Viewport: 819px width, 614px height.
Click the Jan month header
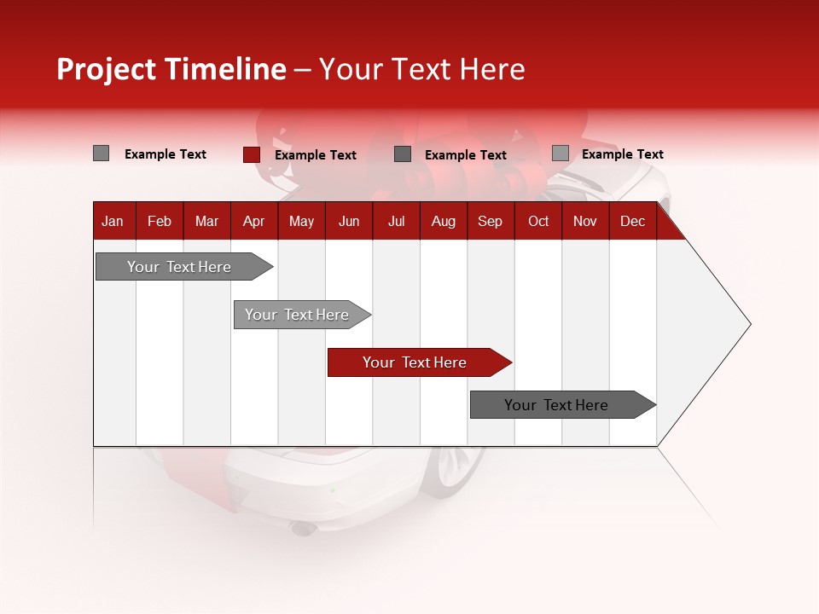point(113,221)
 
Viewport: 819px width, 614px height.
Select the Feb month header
point(160,221)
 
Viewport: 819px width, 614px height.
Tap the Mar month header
point(206,221)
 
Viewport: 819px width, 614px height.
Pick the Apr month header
point(254,221)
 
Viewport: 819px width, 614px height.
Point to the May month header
point(301,221)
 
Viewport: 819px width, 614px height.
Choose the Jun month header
point(349,221)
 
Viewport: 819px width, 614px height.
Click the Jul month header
point(396,221)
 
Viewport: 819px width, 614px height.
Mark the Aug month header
point(444,221)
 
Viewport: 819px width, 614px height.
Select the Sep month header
point(491,221)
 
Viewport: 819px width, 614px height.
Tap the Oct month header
point(538,221)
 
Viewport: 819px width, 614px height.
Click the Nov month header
point(585,221)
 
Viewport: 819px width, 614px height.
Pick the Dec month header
point(633,221)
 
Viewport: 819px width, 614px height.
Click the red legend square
point(251,154)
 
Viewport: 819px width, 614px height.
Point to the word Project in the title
point(107,69)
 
